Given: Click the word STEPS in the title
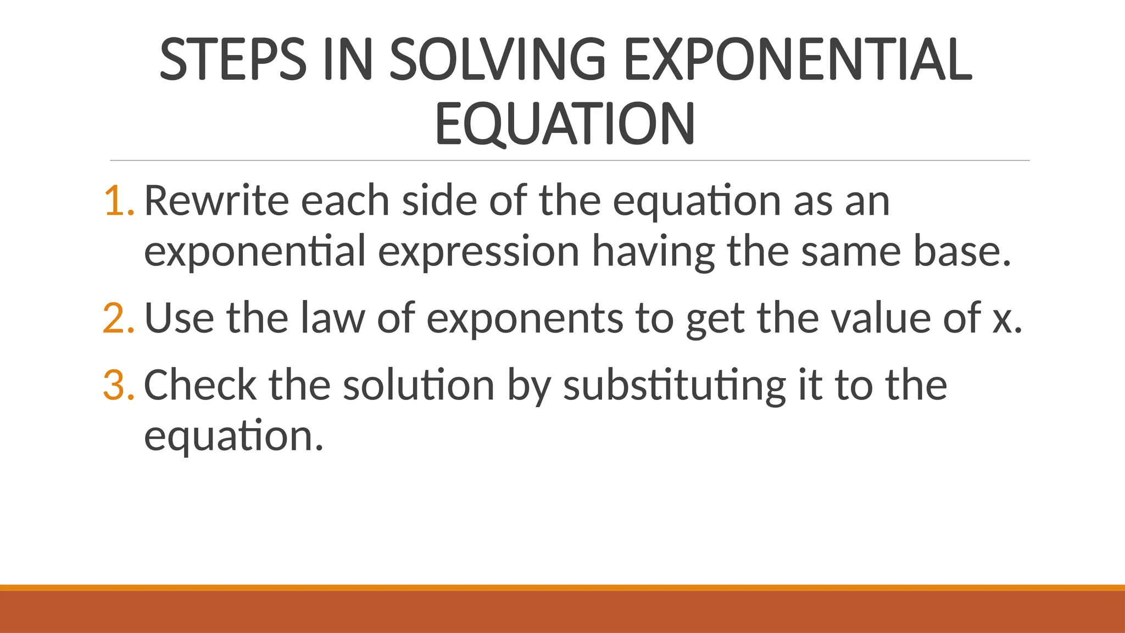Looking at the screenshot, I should [232, 59].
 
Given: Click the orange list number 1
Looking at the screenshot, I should [118, 201].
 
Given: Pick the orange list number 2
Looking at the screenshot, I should [118, 319].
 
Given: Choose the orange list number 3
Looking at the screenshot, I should [118, 386].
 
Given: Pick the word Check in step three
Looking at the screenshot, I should [200, 386].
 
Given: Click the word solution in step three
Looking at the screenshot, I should [419, 386].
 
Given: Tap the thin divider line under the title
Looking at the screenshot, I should [570, 160].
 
